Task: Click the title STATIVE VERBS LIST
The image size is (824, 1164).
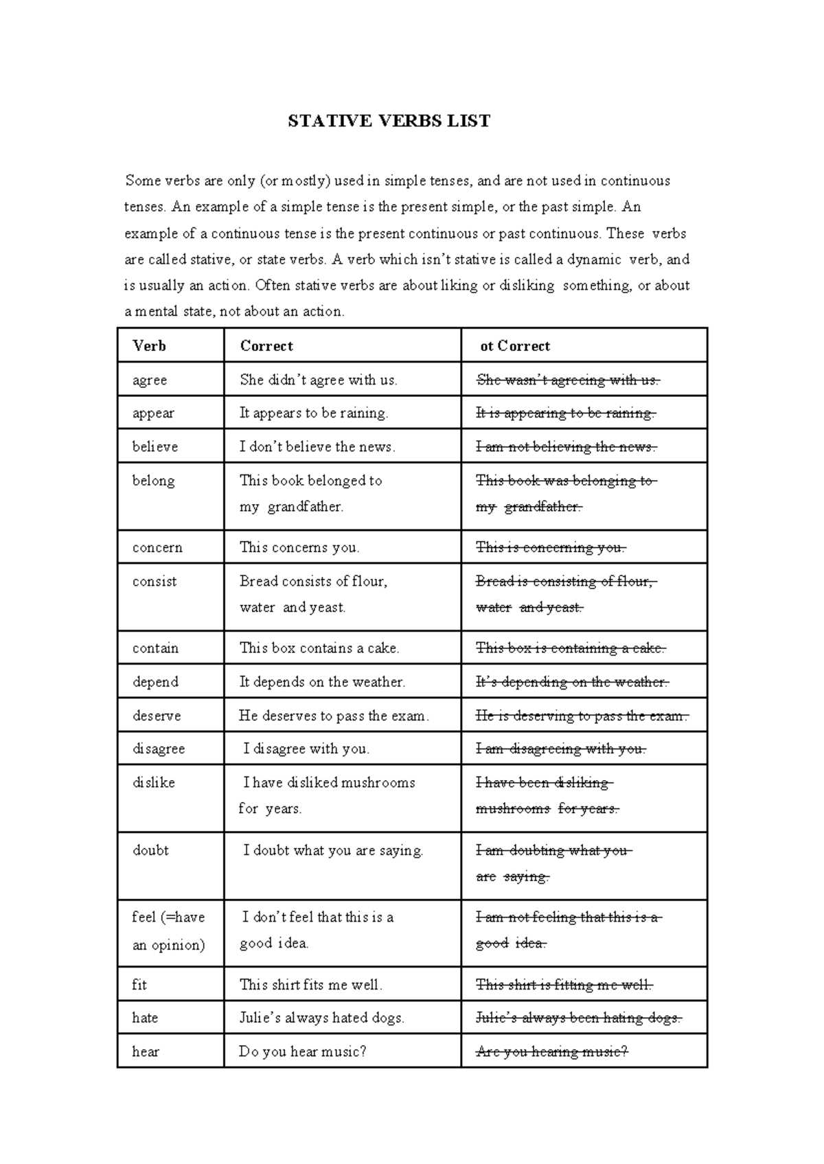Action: tap(389, 122)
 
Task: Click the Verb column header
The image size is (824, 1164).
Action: tap(149, 346)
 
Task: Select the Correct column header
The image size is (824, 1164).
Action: tap(266, 346)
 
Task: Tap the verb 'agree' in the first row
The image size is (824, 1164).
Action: tap(150, 380)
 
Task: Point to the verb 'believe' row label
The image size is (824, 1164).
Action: tap(155, 447)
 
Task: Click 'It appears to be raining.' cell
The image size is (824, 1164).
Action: tap(314, 413)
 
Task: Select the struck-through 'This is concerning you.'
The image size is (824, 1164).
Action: tap(551, 548)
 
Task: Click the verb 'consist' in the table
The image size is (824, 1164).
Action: tap(154, 582)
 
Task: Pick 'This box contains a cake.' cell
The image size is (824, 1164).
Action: tap(319, 648)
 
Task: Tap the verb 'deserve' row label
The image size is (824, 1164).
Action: tap(157, 716)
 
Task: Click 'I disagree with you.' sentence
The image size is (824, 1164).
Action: tap(306, 749)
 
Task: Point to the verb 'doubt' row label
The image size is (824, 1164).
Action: tap(150, 850)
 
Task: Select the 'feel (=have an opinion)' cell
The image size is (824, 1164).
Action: tap(168, 931)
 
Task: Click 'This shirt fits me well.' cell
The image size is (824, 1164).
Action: tap(310, 985)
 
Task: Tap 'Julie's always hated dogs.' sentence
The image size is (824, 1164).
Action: tap(321, 1018)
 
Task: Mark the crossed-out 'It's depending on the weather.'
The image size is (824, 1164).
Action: tap(572, 682)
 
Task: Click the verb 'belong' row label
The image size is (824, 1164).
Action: tap(153, 481)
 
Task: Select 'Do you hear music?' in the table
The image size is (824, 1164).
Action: tap(302, 1052)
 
